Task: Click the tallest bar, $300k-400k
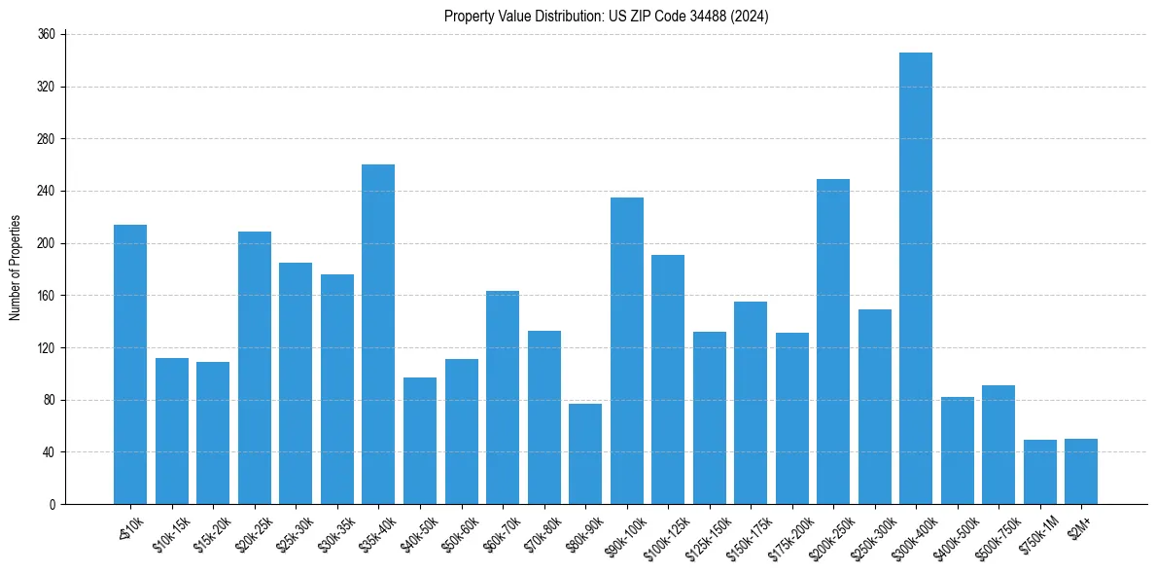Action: pos(916,278)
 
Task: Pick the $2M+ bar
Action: pos(1081,471)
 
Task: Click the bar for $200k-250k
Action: pos(833,341)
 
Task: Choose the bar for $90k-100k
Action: pos(627,350)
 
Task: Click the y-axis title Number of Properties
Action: pos(15,268)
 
